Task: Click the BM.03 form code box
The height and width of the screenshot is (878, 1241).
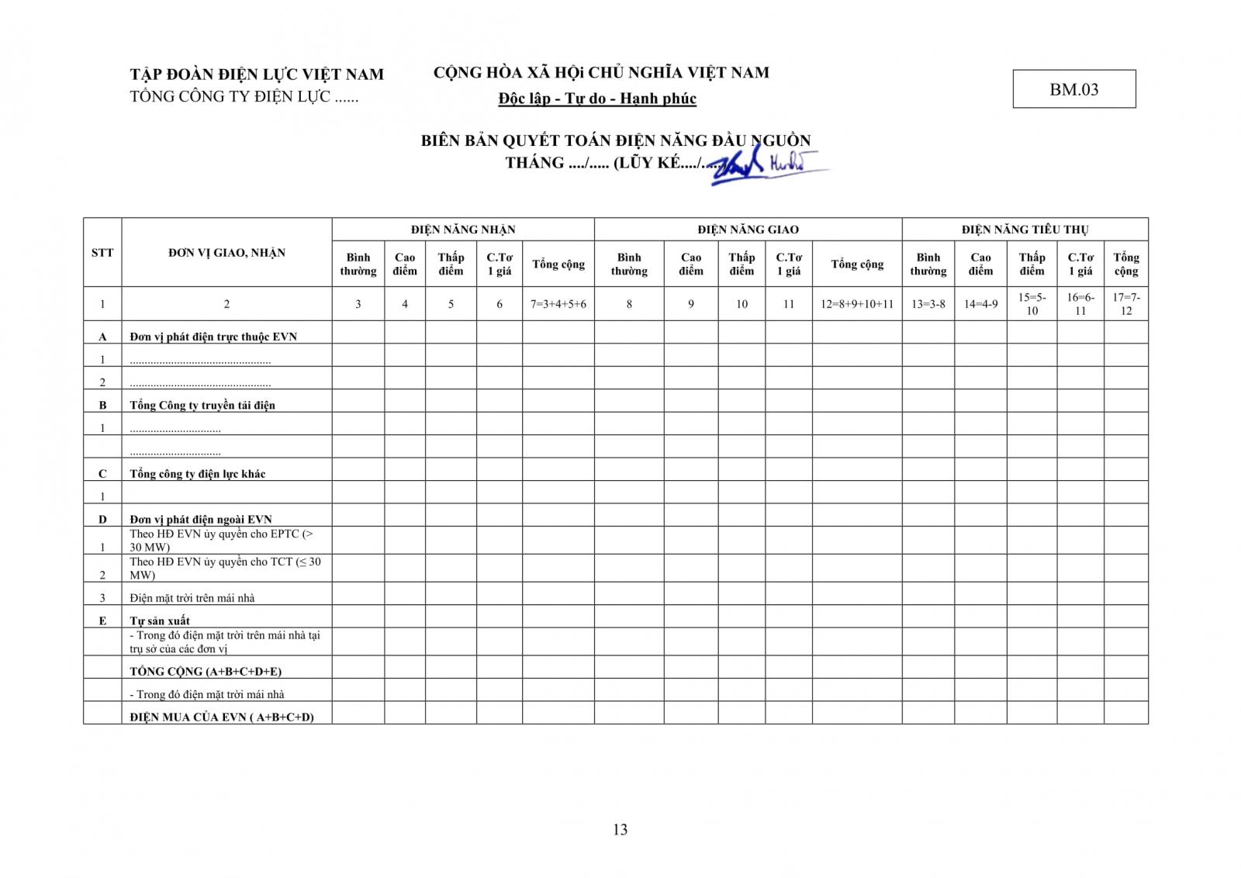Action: pos(1073,89)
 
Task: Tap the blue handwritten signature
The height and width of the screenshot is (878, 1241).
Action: pos(768,164)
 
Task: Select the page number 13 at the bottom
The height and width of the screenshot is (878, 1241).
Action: pos(620,829)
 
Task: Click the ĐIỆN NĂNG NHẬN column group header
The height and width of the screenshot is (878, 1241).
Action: pos(463,230)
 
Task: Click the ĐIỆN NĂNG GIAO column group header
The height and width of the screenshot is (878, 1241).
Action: pos(748,230)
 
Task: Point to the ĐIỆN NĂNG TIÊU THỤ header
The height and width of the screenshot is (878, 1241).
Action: pos(1025,230)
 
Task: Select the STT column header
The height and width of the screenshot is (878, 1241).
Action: pos(102,252)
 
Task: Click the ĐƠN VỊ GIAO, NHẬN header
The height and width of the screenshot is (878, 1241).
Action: pos(226,252)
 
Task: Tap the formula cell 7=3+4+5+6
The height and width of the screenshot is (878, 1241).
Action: pos(558,304)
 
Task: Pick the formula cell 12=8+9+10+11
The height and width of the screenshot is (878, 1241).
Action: pos(857,304)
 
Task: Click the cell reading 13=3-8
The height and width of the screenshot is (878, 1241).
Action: pos(928,304)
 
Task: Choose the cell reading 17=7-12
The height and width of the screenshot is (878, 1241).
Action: pos(1126,304)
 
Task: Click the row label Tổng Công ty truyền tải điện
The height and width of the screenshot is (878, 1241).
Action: pos(202,405)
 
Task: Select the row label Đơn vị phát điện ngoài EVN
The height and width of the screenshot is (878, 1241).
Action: pos(201,519)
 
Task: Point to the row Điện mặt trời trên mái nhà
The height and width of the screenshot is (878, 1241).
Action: pos(192,598)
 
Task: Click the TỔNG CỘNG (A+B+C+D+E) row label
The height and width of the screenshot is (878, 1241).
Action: pos(206,672)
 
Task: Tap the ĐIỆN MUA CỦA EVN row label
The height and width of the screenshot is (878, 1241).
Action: pos(222,717)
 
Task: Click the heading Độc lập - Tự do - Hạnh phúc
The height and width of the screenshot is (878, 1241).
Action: pos(597,99)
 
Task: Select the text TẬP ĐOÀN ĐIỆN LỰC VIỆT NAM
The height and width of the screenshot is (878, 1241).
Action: pos(257,74)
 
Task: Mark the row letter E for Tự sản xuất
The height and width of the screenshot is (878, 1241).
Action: pos(102,620)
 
